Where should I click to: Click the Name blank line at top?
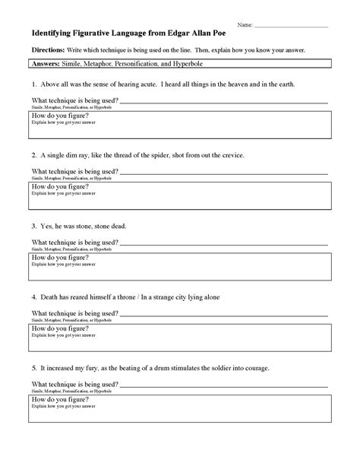292,26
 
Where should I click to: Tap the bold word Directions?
49,49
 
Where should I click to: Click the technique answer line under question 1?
224,101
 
